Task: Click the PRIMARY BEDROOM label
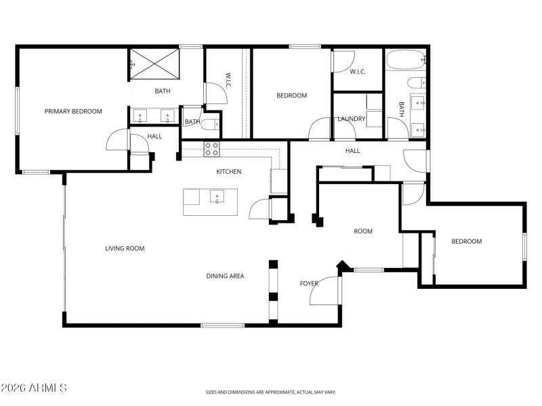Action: click(73, 112)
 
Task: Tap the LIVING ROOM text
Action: click(125, 248)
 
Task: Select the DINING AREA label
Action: click(225, 276)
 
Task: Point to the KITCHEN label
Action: click(228, 172)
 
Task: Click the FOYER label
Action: click(309, 284)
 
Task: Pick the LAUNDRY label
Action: click(352, 119)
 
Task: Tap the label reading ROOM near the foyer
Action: click(363, 231)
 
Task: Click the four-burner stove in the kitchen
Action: click(211, 149)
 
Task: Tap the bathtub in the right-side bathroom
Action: click(406, 61)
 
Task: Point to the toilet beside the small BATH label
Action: click(211, 123)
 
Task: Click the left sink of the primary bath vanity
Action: click(141, 116)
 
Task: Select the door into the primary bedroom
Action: click(117, 141)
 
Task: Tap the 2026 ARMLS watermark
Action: click(34, 388)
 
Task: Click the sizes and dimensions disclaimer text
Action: click(271, 392)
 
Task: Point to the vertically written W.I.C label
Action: click(229, 81)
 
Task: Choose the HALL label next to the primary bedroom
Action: click(154, 137)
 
